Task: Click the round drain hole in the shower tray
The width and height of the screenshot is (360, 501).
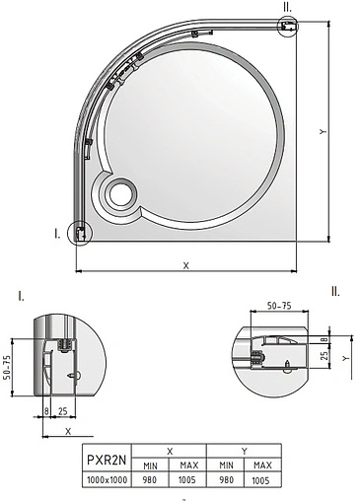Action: point(119,194)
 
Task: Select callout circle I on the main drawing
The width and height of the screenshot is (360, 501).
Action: point(77,234)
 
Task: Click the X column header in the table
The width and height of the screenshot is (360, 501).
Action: point(170,450)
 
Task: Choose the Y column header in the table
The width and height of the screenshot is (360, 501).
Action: point(243,450)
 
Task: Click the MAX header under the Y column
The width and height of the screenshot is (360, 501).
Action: point(262,465)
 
